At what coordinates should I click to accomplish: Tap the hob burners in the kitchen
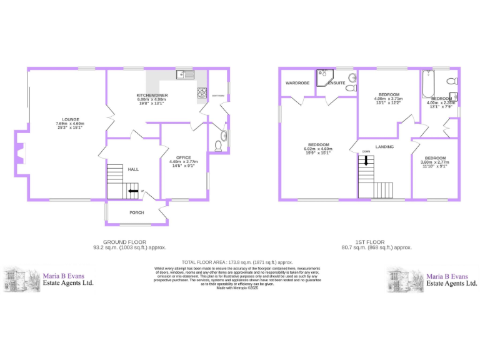(x=202, y=93)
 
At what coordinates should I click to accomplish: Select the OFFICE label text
(x=183, y=157)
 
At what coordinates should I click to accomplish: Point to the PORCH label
(x=136, y=212)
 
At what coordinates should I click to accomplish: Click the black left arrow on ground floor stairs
(x=133, y=191)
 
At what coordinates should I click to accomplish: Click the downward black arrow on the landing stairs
(x=366, y=161)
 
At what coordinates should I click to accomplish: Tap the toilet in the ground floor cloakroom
(x=218, y=147)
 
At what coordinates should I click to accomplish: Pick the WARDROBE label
(x=297, y=82)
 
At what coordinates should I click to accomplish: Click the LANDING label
(x=384, y=147)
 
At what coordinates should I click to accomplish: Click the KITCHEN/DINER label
(x=151, y=95)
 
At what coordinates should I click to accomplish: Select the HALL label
(x=133, y=169)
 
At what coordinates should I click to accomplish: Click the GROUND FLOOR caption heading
(x=124, y=242)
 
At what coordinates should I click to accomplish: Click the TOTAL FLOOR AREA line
(x=237, y=262)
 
